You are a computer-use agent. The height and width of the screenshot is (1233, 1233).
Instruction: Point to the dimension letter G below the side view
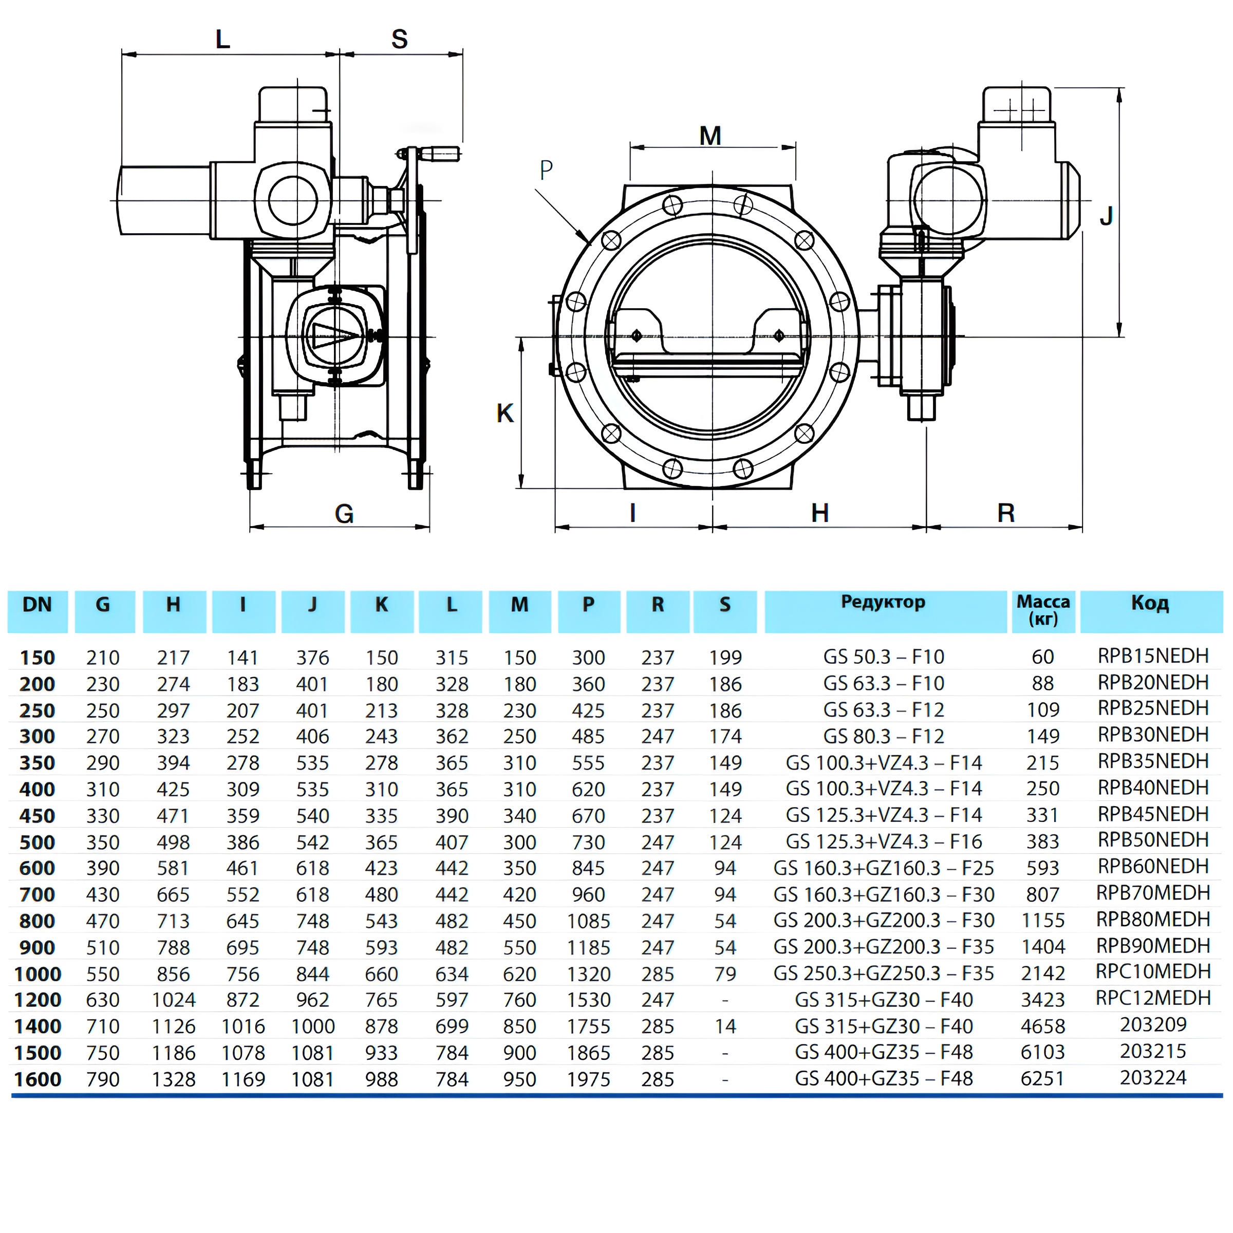tap(344, 514)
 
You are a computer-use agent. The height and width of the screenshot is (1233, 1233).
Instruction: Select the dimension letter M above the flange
tap(711, 136)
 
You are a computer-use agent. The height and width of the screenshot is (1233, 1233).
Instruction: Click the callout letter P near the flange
tap(546, 169)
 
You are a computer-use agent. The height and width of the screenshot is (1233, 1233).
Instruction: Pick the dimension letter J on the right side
tap(1106, 216)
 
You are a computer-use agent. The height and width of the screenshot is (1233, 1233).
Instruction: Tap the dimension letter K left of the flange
tap(505, 414)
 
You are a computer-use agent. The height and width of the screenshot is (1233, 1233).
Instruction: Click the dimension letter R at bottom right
tap(1006, 513)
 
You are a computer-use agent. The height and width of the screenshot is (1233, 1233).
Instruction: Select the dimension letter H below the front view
tap(819, 513)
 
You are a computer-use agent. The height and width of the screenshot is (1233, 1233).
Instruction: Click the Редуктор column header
tap(883, 603)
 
